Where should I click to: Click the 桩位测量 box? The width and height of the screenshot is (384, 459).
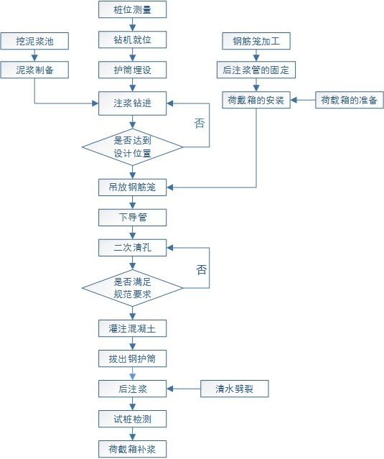(133, 9)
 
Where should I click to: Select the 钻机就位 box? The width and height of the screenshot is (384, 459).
(133, 40)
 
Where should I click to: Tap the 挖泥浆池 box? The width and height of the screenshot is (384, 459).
(34, 41)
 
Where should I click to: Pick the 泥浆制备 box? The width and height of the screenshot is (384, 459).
(34, 70)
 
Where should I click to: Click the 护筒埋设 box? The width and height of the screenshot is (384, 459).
(133, 70)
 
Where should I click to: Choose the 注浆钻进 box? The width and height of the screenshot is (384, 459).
(133, 103)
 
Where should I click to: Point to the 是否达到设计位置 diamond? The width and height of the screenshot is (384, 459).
(133, 147)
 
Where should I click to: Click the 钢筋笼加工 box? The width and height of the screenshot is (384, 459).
(256, 41)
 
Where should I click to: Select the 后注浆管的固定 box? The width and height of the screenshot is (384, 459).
(256, 70)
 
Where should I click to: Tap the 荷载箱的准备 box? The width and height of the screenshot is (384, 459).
(350, 100)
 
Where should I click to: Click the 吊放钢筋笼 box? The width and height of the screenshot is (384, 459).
(133, 187)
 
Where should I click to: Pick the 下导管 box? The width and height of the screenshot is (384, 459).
(133, 218)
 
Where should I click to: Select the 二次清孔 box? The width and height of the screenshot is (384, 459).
(133, 248)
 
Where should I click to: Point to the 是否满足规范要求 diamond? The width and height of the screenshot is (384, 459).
(133, 288)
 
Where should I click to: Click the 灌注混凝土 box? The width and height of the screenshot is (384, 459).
(133, 328)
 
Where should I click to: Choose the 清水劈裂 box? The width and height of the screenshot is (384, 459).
(235, 389)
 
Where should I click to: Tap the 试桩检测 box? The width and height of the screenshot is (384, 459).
(133, 419)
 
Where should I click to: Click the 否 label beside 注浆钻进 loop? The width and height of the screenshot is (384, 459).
(200, 123)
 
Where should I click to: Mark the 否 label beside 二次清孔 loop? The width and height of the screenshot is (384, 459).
(202, 269)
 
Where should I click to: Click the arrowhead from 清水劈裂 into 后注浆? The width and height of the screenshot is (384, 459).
(170, 389)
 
